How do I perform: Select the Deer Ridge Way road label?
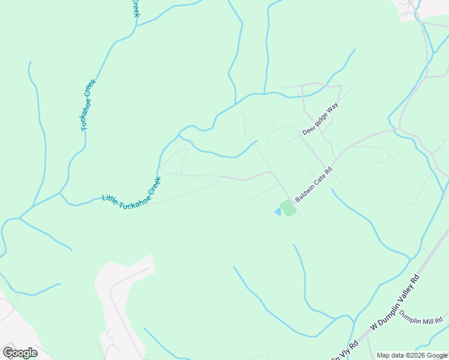tap(321, 119)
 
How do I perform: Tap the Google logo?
tap(20, 353)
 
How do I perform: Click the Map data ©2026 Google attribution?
tap(411, 355)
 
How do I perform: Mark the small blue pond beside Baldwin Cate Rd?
tap(277, 211)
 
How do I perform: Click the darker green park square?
tap(288, 208)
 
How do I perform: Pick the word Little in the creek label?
tap(110, 199)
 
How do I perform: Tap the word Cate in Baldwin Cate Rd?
tap(317, 181)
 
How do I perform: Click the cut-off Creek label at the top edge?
tap(136, 8)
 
